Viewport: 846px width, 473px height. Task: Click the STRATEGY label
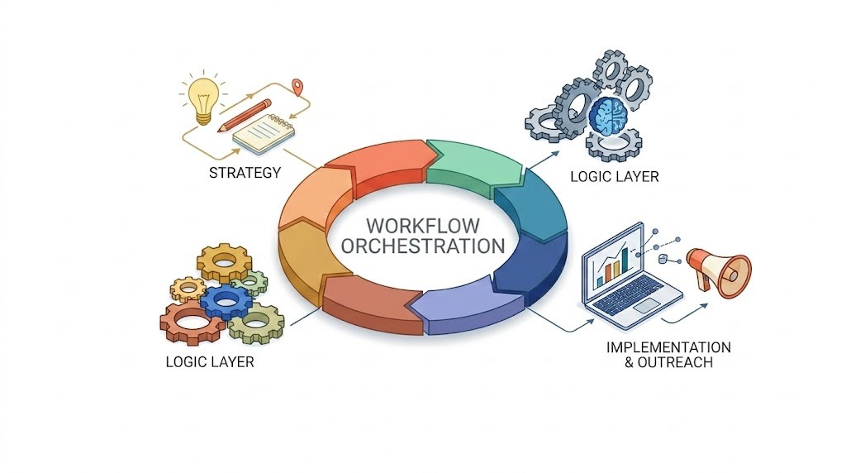[x=245, y=173]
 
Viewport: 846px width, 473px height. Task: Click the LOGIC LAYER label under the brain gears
[x=615, y=176]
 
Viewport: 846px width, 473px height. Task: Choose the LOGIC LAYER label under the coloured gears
[x=210, y=361]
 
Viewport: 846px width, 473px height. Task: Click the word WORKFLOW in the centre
[x=422, y=226]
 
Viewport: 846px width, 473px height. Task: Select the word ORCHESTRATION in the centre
[x=422, y=246]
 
